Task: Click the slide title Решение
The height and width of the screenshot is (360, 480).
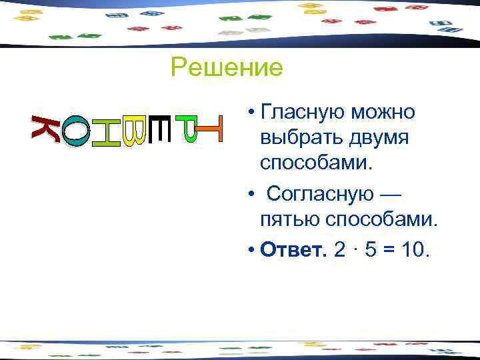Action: pos(227,67)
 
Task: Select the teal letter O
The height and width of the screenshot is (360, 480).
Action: pos(75,131)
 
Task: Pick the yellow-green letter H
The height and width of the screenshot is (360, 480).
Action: pos(105,132)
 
